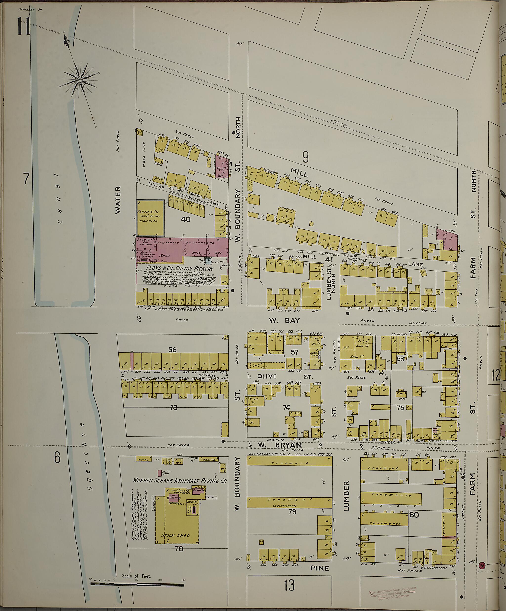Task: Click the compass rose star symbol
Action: click(x=80, y=79)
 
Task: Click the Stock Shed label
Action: click(x=175, y=535)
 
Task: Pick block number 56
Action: click(x=172, y=350)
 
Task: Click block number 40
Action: click(x=185, y=219)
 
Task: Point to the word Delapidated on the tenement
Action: click(x=285, y=506)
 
